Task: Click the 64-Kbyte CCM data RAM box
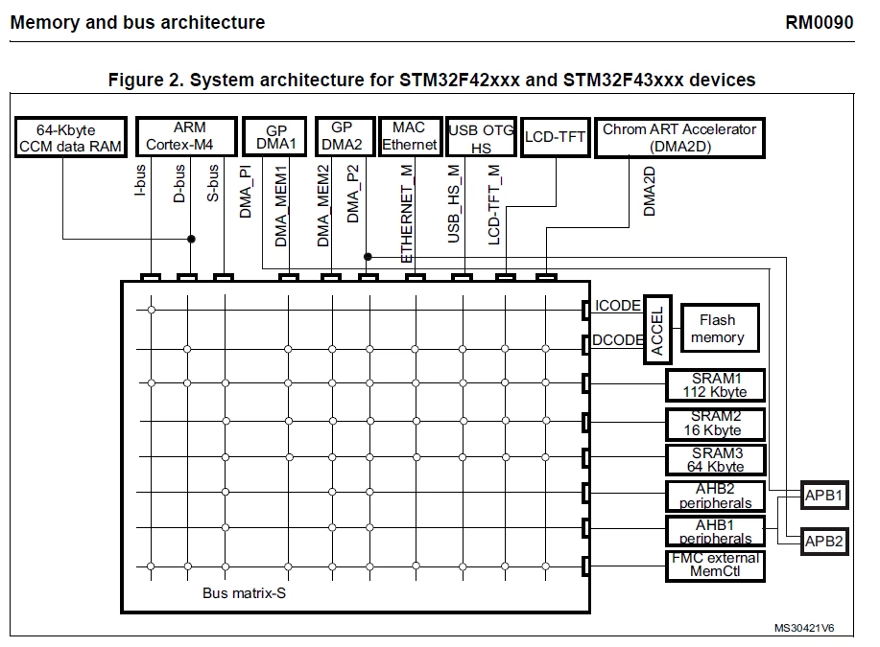[x=71, y=137]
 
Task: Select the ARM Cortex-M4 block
[x=186, y=136]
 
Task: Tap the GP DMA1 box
[x=274, y=136]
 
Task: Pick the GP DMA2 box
[x=345, y=136]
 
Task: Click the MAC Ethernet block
[x=411, y=136]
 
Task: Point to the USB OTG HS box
[x=482, y=137]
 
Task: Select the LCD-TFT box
[x=555, y=137]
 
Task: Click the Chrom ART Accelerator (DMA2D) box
[x=679, y=137]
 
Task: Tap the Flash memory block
[x=720, y=328]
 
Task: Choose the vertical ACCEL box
[x=657, y=330]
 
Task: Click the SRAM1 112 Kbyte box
[x=716, y=385]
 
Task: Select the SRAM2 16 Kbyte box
[x=716, y=424]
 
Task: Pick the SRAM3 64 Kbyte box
[x=716, y=460]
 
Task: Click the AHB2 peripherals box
[x=716, y=496]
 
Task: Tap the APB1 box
[x=824, y=495]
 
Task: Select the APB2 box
[x=824, y=541]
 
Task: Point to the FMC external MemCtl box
[x=716, y=566]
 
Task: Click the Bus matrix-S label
[x=244, y=593]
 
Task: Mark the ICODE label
[x=617, y=306]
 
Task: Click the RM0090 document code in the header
[x=819, y=22]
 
